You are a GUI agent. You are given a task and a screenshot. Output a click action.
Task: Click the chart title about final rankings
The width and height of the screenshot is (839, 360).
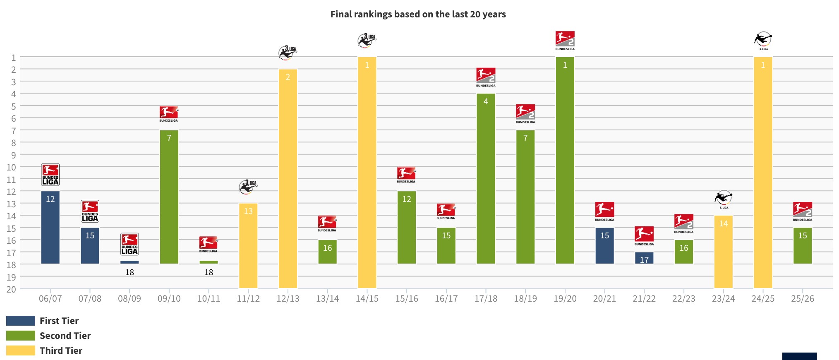(x=418, y=14)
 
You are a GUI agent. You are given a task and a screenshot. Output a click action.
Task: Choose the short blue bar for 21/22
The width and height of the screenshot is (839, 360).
(x=644, y=258)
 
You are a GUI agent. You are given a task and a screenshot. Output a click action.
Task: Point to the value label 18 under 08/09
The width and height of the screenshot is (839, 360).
(x=129, y=272)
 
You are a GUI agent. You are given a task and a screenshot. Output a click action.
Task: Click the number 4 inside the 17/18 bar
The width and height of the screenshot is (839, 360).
(x=486, y=101)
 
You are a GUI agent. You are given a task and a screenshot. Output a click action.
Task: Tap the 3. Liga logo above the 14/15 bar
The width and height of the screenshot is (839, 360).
(x=367, y=41)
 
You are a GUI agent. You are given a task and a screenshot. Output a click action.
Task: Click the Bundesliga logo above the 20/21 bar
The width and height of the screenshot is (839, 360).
(x=604, y=211)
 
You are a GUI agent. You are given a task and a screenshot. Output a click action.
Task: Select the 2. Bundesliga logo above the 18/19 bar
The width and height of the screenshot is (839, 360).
(x=525, y=113)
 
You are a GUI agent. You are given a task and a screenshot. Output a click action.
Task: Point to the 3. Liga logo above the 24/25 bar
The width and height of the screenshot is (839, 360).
(x=763, y=41)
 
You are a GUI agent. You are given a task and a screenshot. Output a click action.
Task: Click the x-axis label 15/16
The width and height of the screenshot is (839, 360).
(x=407, y=299)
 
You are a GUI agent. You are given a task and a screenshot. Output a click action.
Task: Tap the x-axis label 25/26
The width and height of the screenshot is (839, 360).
(x=803, y=299)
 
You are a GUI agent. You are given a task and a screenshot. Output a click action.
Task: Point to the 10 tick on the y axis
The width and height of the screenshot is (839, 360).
(x=12, y=168)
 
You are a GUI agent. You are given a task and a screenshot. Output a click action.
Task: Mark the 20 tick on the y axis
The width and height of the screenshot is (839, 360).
(x=11, y=290)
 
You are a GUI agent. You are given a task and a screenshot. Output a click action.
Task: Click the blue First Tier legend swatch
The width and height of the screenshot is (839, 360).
(x=21, y=321)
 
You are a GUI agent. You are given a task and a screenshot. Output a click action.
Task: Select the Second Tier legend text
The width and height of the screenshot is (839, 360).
(x=65, y=336)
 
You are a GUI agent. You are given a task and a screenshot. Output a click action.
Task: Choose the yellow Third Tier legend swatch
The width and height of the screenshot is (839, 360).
(x=21, y=350)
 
